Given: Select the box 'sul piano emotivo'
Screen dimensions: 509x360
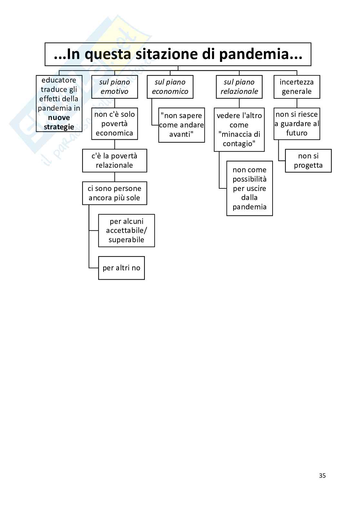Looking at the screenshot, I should tap(115, 87).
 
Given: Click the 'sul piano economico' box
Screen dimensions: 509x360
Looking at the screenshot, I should tap(170, 87).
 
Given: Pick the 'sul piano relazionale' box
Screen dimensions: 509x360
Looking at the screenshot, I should tap(239, 87).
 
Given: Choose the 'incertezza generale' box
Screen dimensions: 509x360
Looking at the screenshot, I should tap(297, 87).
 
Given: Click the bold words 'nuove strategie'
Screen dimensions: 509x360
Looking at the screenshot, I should tap(59, 122).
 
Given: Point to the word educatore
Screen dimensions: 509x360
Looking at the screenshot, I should tap(59, 80).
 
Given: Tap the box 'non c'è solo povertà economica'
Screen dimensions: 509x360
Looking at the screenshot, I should tap(115, 124).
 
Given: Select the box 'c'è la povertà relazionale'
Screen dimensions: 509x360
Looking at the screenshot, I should tap(115, 161).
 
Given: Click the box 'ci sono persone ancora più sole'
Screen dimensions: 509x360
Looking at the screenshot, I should tap(115, 193).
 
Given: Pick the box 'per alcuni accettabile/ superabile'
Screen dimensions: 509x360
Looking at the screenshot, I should tap(126, 231).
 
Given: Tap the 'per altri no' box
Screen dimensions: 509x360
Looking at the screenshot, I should tap(121, 268).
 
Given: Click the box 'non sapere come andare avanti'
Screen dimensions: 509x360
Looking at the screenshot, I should tap(182, 125).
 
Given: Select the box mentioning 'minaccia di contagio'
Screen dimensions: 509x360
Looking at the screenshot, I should tap(239, 130).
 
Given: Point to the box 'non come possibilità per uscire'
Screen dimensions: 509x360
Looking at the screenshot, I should tap(249, 188).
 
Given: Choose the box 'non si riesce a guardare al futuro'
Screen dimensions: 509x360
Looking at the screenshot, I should tap(297, 124).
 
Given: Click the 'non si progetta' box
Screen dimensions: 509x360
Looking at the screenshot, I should tap(308, 161).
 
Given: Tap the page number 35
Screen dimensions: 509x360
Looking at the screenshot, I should tap(322, 475).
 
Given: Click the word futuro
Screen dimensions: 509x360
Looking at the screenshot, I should tap(297, 133).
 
